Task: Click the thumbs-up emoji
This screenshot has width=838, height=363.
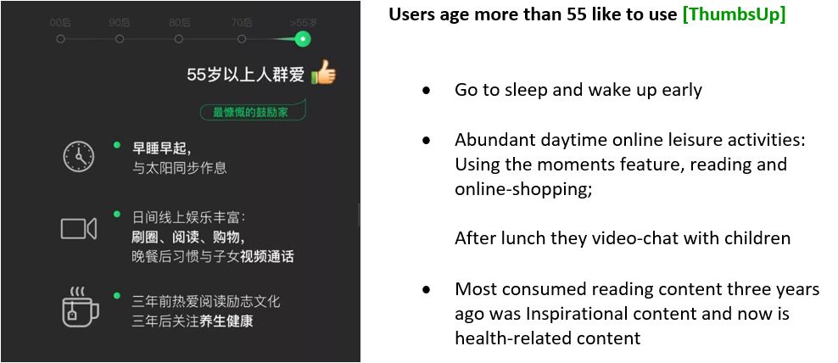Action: pos(323,72)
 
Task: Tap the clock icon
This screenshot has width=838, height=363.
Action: pos(79,157)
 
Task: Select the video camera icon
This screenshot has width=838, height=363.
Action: pos(79,229)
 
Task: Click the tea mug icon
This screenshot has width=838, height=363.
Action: pos(80,307)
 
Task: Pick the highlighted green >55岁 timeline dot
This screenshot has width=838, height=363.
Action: pos(303,39)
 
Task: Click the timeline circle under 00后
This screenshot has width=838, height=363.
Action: pos(60,39)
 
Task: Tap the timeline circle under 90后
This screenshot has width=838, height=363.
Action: pos(120,39)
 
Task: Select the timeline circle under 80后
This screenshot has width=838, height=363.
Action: pos(178,39)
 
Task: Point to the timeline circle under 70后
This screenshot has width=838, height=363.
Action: pos(242,39)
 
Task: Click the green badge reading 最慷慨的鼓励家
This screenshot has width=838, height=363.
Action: pos(253,112)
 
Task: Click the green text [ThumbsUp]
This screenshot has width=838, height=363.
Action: pos(734,14)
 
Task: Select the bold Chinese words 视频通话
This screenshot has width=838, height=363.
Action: pos(266,256)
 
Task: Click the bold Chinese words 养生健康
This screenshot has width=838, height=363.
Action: pos(226,321)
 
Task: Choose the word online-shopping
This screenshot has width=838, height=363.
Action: pos(523,189)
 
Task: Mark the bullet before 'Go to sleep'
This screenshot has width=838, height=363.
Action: pos(426,91)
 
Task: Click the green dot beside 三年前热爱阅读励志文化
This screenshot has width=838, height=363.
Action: pos(116,296)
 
